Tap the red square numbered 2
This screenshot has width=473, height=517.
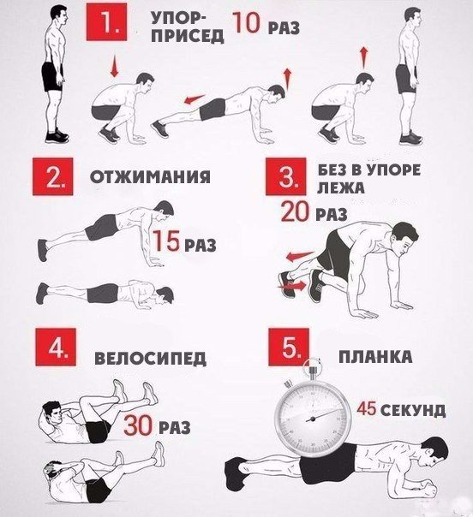click(52, 176)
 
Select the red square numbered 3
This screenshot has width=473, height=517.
click(286, 176)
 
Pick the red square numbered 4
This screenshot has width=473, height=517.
click(56, 347)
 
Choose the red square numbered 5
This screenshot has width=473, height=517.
click(289, 347)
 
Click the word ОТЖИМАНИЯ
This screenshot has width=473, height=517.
click(150, 177)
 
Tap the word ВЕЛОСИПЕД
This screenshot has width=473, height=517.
click(151, 359)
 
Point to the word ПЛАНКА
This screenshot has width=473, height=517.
click(375, 356)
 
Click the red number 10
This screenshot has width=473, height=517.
click(247, 23)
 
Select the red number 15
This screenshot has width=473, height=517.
click(167, 241)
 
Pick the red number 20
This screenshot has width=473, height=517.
click(295, 211)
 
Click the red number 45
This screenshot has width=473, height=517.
click(367, 408)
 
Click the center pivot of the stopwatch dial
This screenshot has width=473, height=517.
click(311, 419)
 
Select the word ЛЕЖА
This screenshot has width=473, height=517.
click(341, 187)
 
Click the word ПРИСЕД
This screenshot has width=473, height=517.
click(187, 36)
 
